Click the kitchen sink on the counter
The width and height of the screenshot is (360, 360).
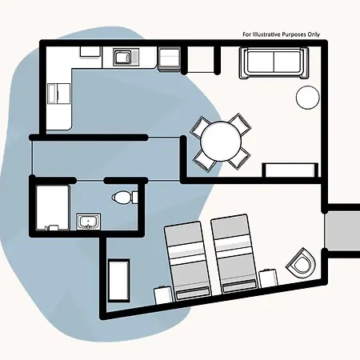(122, 57)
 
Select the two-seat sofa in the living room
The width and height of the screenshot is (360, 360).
(274, 62)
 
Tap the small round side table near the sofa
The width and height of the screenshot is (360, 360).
(308, 98)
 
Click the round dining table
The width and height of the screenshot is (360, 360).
(221, 141)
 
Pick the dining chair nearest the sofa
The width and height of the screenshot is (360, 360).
(239, 125)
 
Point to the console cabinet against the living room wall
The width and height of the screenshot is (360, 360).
(290, 170)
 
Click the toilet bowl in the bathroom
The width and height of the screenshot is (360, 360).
(122, 198)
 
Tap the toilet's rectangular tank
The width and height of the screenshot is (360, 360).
(134, 198)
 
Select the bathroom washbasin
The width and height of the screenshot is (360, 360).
(88, 222)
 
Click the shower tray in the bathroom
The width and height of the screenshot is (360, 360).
(53, 208)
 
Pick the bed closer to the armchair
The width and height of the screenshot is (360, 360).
(234, 254)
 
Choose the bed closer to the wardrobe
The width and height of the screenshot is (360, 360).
(187, 262)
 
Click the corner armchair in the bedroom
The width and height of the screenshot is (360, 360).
(301, 263)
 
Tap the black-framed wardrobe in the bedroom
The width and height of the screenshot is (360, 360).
(118, 280)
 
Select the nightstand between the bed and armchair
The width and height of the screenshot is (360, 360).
(268, 278)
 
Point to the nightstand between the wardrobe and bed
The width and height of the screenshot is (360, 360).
(163, 295)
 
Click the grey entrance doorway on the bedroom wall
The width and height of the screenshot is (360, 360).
(342, 231)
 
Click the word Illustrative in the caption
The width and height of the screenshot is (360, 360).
(266, 34)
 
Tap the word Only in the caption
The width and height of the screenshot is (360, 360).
(313, 34)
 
